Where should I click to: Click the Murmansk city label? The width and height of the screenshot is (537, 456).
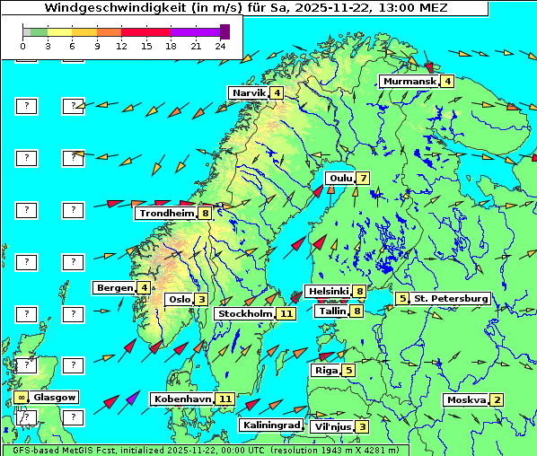coord(409,82)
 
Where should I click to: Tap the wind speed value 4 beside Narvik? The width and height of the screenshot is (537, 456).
coord(277,93)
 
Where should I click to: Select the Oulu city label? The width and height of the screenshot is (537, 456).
coord(340,178)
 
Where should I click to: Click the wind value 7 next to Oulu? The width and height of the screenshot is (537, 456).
coord(363,178)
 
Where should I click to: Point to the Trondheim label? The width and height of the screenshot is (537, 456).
coord(167,214)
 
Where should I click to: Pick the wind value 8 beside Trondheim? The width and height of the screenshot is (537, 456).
coord(206,214)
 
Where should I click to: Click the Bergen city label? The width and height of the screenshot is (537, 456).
coord(115,288)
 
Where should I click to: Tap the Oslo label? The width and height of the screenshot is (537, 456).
coord(179,300)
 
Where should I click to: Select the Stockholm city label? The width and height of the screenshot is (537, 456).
coord(246,314)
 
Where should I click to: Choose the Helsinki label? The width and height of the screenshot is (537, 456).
coord(328,292)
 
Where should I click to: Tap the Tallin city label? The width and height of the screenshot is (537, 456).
coord(332,311)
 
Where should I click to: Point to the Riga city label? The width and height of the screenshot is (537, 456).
coord(324,370)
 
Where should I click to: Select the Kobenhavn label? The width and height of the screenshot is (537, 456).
coord(182,399)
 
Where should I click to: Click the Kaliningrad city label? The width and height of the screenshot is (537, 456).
coord(270,425)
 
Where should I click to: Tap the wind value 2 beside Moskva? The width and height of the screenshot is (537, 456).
coord(497,400)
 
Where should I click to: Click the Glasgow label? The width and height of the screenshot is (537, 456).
coord(55,397)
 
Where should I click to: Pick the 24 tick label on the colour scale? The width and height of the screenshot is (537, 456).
coord(220,45)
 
